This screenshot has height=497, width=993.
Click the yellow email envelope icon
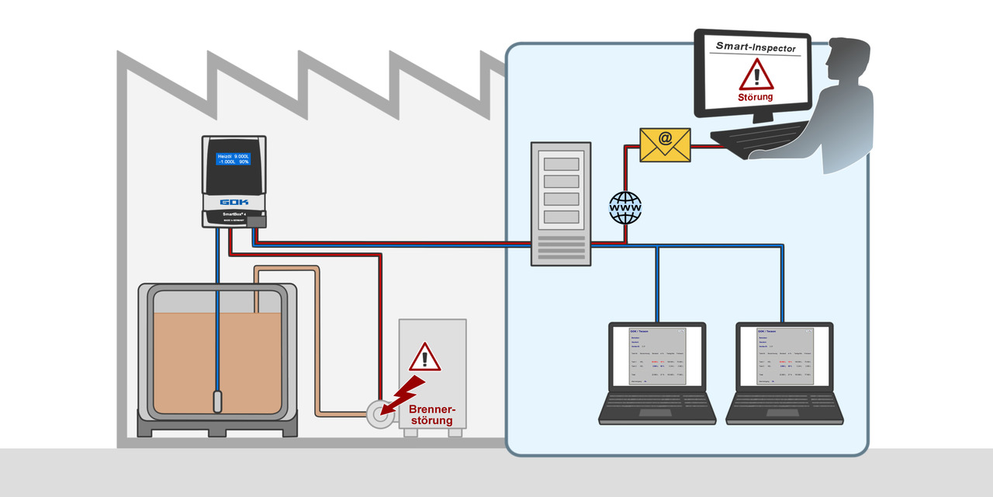[665, 144]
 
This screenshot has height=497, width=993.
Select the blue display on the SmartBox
[234, 159]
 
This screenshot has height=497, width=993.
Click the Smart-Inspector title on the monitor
[756, 47]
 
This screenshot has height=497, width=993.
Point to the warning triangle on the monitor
[756, 75]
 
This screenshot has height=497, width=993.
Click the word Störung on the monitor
[756, 98]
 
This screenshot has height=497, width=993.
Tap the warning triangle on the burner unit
[424, 357]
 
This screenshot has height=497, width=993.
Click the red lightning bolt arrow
[407, 392]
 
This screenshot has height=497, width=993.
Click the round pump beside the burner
[379, 415]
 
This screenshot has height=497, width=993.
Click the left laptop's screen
[656, 356]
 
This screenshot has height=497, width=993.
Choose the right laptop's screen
[784, 356]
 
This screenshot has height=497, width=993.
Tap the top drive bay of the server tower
[561, 164]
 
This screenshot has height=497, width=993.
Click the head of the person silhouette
[846, 58]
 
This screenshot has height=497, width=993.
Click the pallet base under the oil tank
[217, 425]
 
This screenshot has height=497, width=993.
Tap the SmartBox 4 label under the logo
[234, 214]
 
